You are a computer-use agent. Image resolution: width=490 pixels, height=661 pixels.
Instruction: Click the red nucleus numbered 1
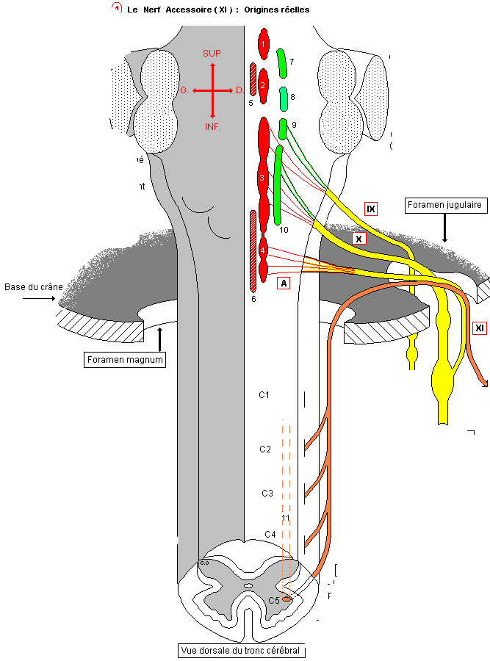point(263,45)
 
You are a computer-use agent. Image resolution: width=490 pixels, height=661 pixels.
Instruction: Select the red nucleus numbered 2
point(263,87)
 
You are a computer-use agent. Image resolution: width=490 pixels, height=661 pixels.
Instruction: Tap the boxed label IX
point(371,209)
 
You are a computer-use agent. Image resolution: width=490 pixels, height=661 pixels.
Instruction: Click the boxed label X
point(359,239)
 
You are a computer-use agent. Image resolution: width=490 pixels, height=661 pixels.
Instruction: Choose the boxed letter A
point(284,282)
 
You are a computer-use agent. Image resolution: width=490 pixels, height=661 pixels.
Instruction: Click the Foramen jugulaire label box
point(444,205)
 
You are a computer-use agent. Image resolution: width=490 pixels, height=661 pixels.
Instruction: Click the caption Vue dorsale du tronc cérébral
point(242,651)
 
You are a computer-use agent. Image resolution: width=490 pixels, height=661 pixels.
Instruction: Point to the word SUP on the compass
point(212,53)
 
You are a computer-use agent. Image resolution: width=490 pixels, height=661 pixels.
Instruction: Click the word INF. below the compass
point(212,127)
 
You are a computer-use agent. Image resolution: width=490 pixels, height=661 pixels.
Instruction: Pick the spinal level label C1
point(264,395)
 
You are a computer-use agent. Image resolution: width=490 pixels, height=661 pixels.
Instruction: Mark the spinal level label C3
point(267,493)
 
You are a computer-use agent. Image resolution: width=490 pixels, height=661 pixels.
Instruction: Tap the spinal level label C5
point(273,600)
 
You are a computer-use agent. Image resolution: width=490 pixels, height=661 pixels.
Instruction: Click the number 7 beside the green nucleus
point(292,62)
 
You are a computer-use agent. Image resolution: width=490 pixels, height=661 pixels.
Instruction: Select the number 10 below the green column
point(284,230)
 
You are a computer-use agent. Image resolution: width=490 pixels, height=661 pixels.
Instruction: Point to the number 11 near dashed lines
point(286,519)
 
